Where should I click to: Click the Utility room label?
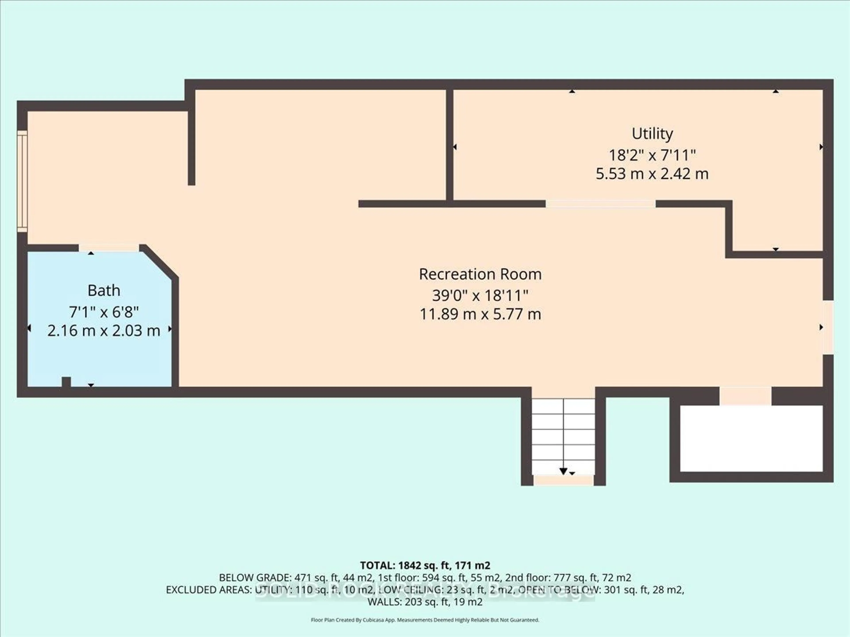pos(652,134)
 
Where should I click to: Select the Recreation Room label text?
pos(480,274)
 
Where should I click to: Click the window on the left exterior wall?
pos(22,181)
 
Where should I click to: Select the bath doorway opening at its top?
pos(109,248)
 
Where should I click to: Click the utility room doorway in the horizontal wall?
pos(601,204)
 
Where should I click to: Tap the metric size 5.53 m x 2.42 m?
pos(652,174)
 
